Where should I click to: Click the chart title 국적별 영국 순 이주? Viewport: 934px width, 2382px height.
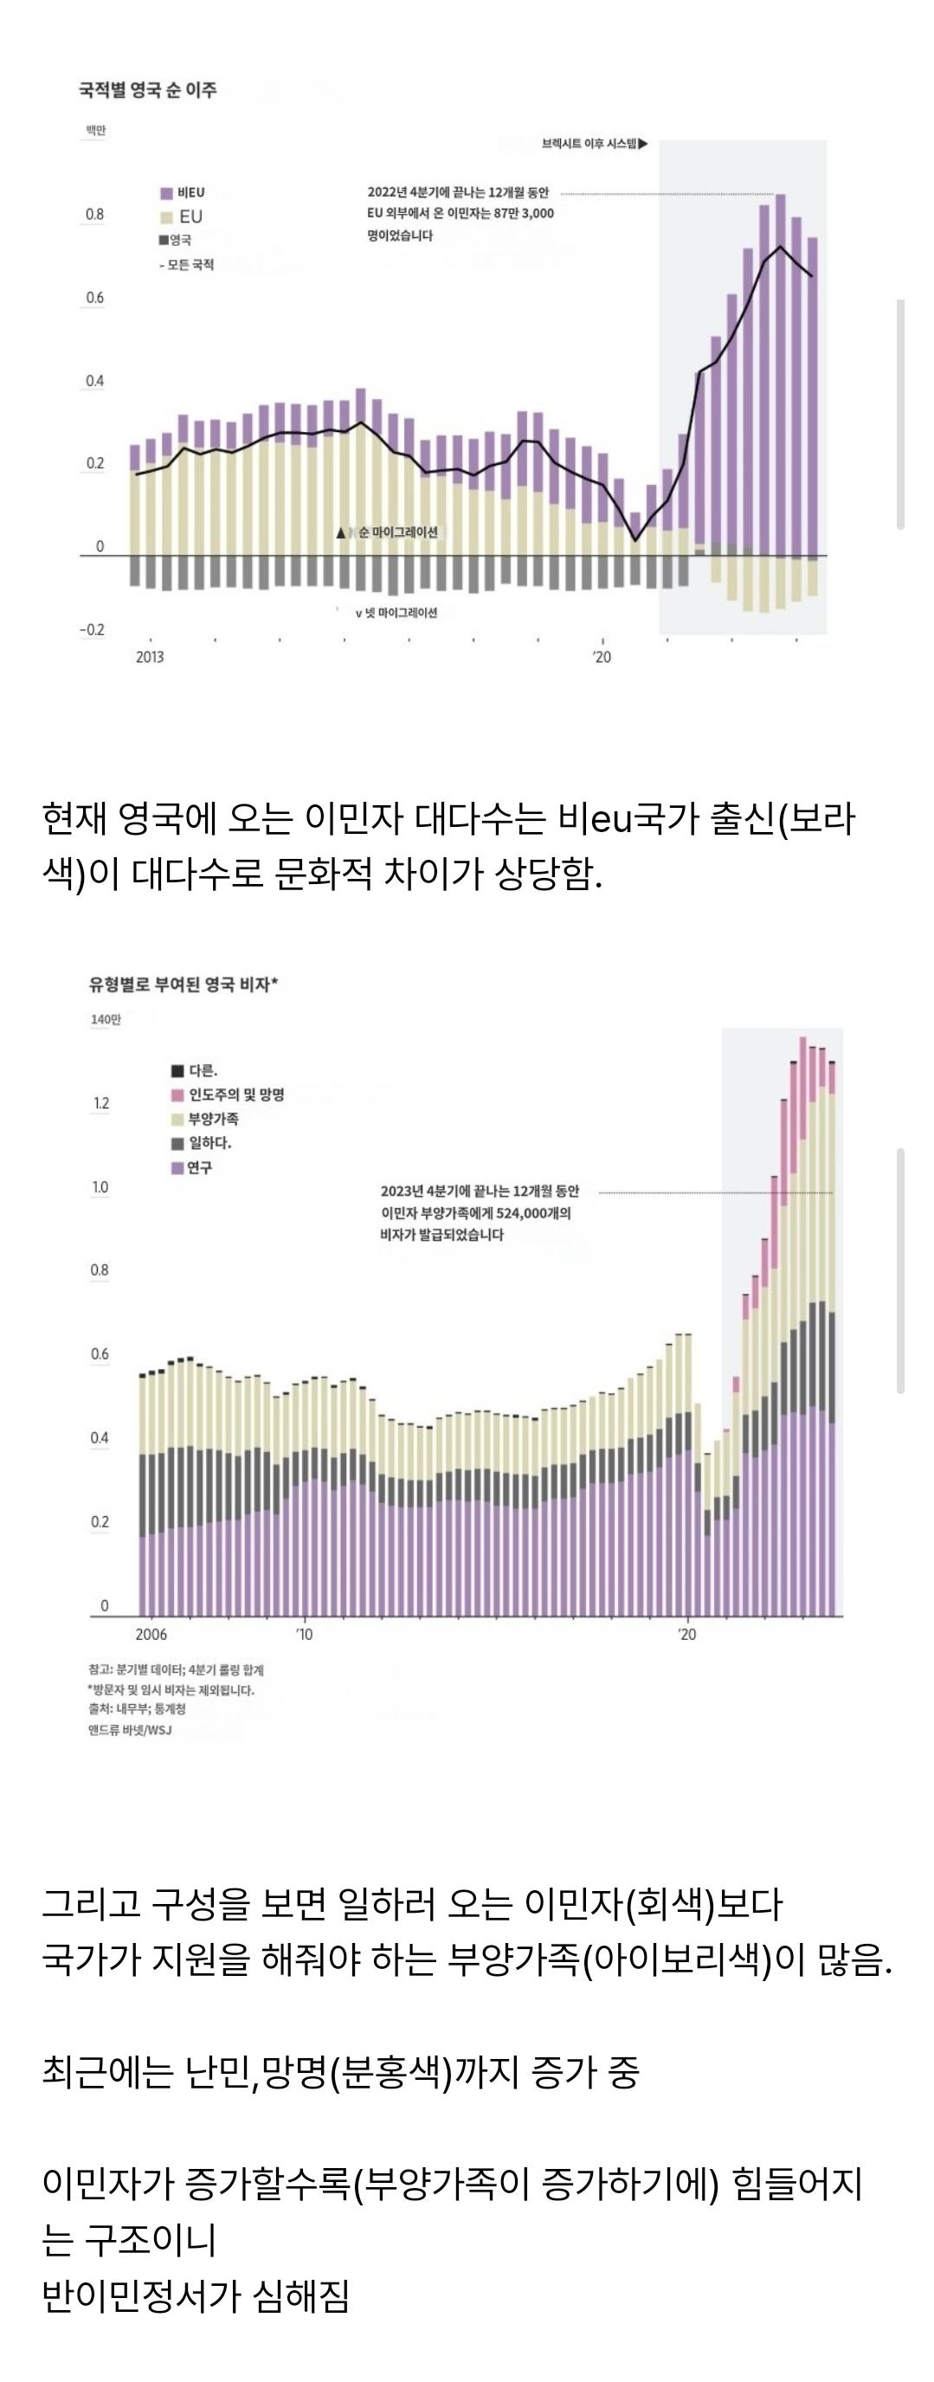pos(148,91)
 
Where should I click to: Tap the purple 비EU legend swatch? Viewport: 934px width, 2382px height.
pos(166,193)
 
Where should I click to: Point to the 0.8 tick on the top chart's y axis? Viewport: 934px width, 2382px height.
pos(95,215)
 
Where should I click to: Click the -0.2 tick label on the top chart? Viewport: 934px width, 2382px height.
pos(92,629)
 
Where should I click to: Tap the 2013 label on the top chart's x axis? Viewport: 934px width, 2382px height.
pos(150,657)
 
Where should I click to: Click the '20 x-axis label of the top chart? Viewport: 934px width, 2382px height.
pos(602,657)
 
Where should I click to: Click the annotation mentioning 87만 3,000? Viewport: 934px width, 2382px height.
pos(460,214)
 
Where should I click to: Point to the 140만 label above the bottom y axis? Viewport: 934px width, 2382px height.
pos(106,1020)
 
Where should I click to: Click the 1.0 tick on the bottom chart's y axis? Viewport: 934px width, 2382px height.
pos(100,1187)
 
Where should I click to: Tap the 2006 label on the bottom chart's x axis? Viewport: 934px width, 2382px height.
pos(151,1635)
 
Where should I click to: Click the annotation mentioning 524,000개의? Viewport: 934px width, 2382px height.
pos(477,1213)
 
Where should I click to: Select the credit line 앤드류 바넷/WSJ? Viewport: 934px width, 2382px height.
pos(131,1730)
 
